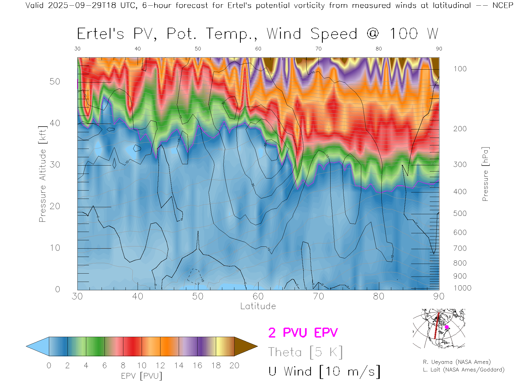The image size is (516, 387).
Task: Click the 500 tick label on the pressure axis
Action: pyautogui.click(x=460, y=213)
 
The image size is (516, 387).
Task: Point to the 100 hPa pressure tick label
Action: pyautogui.click(x=460, y=69)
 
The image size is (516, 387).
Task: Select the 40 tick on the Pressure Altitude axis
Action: pyautogui.click(x=55, y=123)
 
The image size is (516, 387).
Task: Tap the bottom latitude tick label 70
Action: pyautogui.click(x=318, y=296)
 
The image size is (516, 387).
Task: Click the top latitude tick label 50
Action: pyautogui.click(x=198, y=49)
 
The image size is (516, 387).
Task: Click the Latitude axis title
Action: pyautogui.click(x=258, y=306)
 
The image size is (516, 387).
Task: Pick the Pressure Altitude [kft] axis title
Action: pyautogui.click(x=42, y=174)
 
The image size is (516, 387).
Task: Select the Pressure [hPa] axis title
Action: pyautogui.click(x=485, y=174)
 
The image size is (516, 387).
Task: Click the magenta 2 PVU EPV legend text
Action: pyautogui.click(x=303, y=333)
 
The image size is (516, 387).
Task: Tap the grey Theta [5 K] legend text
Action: pyautogui.click(x=305, y=352)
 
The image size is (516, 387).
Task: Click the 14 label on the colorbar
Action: pyautogui.click(x=179, y=365)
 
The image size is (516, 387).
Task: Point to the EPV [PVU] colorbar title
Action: pyautogui.click(x=142, y=376)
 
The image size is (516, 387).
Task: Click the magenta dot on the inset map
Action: pyautogui.click(x=447, y=327)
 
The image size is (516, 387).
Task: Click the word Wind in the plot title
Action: pyautogui.click(x=284, y=34)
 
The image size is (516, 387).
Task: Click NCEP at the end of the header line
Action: pyautogui.click(x=503, y=5)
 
